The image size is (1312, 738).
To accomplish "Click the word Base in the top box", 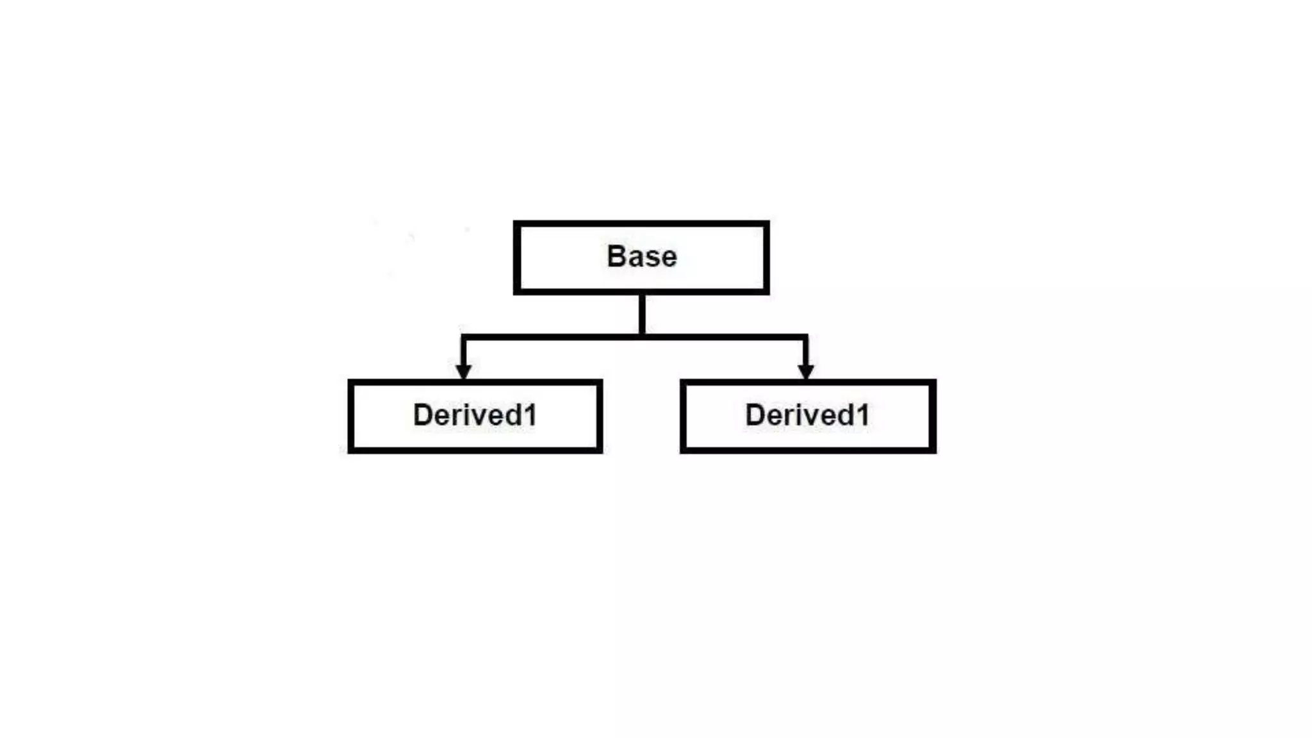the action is pyautogui.click(x=641, y=256).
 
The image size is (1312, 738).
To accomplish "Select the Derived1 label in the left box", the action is pyautogui.click(x=475, y=415).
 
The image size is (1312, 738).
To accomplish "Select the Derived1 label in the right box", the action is pyautogui.click(x=807, y=415).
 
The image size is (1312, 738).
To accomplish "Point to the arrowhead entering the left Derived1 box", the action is pyautogui.click(x=464, y=372).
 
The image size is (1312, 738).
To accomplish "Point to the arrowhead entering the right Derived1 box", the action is pyautogui.click(x=806, y=372).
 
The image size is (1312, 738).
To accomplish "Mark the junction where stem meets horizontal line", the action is pyautogui.click(x=642, y=336).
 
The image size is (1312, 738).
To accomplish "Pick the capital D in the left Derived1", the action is pyautogui.click(x=424, y=415).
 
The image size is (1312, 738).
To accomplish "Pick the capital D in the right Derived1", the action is pyautogui.click(x=756, y=415).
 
